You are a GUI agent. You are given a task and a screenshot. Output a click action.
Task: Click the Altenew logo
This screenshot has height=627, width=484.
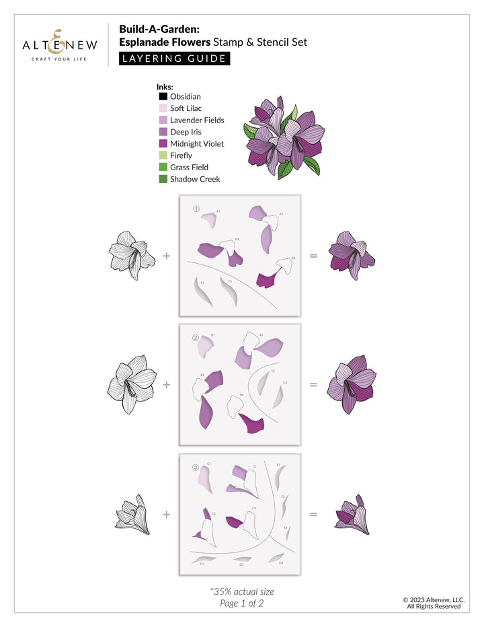pos(60,45)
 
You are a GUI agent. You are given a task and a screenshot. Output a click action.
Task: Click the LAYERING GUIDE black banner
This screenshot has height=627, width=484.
pos(174,59)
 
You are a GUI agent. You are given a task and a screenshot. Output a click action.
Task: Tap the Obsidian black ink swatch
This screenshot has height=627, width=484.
pos(163,96)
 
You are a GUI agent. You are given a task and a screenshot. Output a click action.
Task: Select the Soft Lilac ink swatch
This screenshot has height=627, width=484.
pos(163,108)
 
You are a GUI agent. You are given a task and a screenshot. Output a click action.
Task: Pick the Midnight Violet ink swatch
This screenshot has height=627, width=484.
pos(163,143)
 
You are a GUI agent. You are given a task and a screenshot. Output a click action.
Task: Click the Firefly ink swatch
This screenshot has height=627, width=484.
pos(163,155)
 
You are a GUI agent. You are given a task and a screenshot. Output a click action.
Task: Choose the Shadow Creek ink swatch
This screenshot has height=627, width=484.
pos(163,179)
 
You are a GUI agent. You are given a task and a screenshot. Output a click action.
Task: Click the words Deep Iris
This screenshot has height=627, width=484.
pos(186,132)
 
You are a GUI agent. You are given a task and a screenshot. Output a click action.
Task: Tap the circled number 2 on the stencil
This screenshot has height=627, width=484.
pos(196,338)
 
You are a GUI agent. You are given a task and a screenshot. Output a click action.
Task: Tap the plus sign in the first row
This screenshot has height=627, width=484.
pos(166,256)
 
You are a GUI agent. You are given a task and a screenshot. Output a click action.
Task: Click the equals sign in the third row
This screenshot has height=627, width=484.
pos(313,515)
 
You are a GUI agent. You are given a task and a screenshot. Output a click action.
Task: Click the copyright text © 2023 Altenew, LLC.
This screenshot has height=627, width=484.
pos(433,599)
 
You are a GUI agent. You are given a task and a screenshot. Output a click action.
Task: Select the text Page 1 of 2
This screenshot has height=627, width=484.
pos(241,603)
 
